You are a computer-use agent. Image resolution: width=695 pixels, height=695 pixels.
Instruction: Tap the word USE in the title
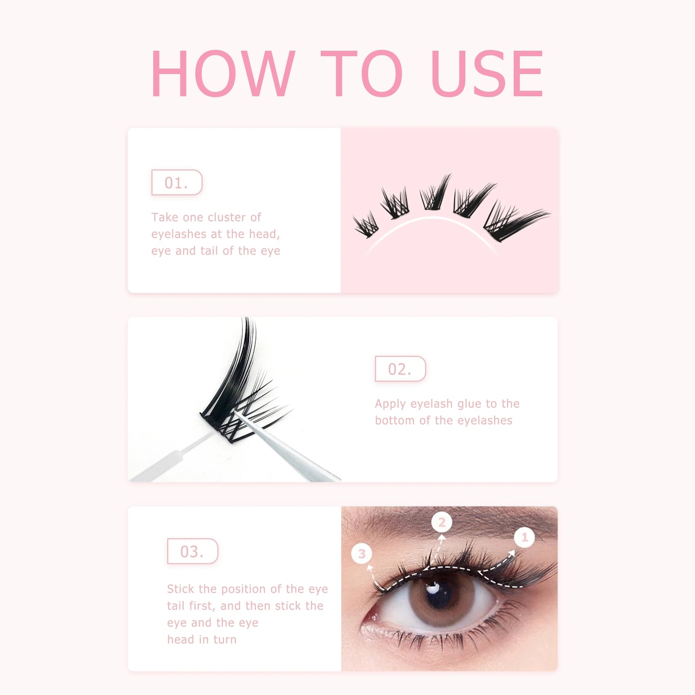[487, 74]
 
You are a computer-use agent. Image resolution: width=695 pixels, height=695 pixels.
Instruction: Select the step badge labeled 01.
[177, 183]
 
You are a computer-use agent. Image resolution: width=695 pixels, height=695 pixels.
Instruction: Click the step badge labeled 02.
[400, 369]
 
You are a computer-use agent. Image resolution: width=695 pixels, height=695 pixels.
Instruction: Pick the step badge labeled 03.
[192, 551]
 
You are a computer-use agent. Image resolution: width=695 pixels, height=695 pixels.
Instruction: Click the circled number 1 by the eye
[524, 537]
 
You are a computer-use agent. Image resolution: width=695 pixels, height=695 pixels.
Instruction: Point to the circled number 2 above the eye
[442, 522]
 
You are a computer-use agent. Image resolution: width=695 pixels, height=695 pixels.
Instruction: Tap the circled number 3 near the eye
[362, 554]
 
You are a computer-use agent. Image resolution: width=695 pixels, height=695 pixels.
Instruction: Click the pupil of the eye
[439, 594]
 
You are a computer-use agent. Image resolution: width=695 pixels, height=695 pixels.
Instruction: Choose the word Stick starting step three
[181, 589]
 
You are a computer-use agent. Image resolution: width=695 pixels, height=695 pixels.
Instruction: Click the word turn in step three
[225, 640]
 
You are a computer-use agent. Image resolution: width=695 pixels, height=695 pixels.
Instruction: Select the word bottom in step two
[395, 420]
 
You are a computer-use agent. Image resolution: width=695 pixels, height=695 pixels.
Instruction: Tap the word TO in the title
[362, 74]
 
